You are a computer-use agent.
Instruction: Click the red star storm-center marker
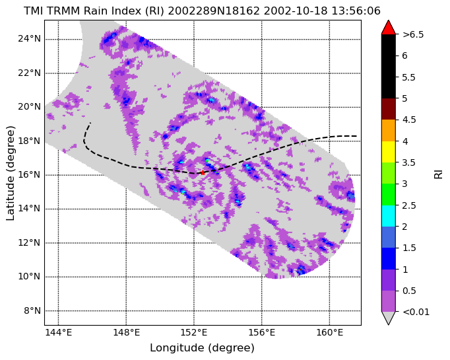pyautogui.click(x=203, y=172)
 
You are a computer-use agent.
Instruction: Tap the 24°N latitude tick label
pyautogui.click(x=29, y=39)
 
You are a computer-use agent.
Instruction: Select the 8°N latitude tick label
pyautogui.click(x=32, y=311)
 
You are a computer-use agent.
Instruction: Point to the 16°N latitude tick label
pyautogui.click(x=29, y=174)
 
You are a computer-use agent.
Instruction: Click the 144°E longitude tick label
pyautogui.click(x=58, y=333)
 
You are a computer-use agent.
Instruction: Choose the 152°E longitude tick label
pyautogui.click(x=194, y=333)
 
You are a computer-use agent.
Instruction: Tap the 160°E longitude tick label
pyautogui.click(x=329, y=333)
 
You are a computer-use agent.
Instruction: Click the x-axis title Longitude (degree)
pyautogui.click(x=203, y=348)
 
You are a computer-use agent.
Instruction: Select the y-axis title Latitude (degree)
pyautogui.click(x=10, y=173)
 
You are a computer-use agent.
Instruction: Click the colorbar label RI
pyautogui.click(x=438, y=174)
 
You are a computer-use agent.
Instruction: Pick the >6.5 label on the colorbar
pyautogui.click(x=413, y=35)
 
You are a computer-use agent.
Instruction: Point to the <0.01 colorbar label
pyautogui.click(x=416, y=312)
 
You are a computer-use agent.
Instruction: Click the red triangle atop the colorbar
pyautogui.click(x=388, y=28)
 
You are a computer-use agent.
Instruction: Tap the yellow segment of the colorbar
pyautogui.click(x=388, y=152)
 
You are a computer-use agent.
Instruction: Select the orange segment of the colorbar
pyautogui.click(x=388, y=130)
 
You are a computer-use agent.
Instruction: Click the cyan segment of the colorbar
pyautogui.click(x=388, y=216)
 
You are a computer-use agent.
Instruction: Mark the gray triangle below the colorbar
pyautogui.click(x=388, y=318)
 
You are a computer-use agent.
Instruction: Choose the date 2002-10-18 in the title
pyautogui.click(x=296, y=11)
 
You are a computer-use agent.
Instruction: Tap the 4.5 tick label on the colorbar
pyautogui.click(x=409, y=120)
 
